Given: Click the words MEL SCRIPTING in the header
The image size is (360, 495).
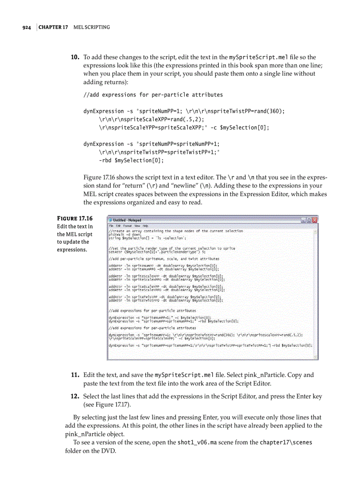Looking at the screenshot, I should pyautogui.click(x=91, y=27).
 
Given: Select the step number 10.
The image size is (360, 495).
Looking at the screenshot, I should pyautogui.click(x=75, y=57).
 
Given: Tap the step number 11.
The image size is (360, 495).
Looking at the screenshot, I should pyautogui.click(x=75, y=375).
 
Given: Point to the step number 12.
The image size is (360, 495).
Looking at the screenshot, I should pyautogui.click(x=75, y=396).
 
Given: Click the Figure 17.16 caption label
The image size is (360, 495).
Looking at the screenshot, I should pyautogui.click(x=75, y=218).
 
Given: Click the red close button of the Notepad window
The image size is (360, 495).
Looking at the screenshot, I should pyautogui.click(x=315, y=220).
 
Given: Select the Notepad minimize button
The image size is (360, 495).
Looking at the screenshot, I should pyautogui.click(x=303, y=220).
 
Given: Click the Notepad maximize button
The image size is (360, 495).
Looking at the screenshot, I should pyautogui.click(x=309, y=220).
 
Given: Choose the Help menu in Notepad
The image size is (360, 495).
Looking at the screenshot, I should pyautogui.click(x=145, y=226).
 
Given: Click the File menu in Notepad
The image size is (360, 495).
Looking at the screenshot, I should pyautogui.click(x=111, y=226).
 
